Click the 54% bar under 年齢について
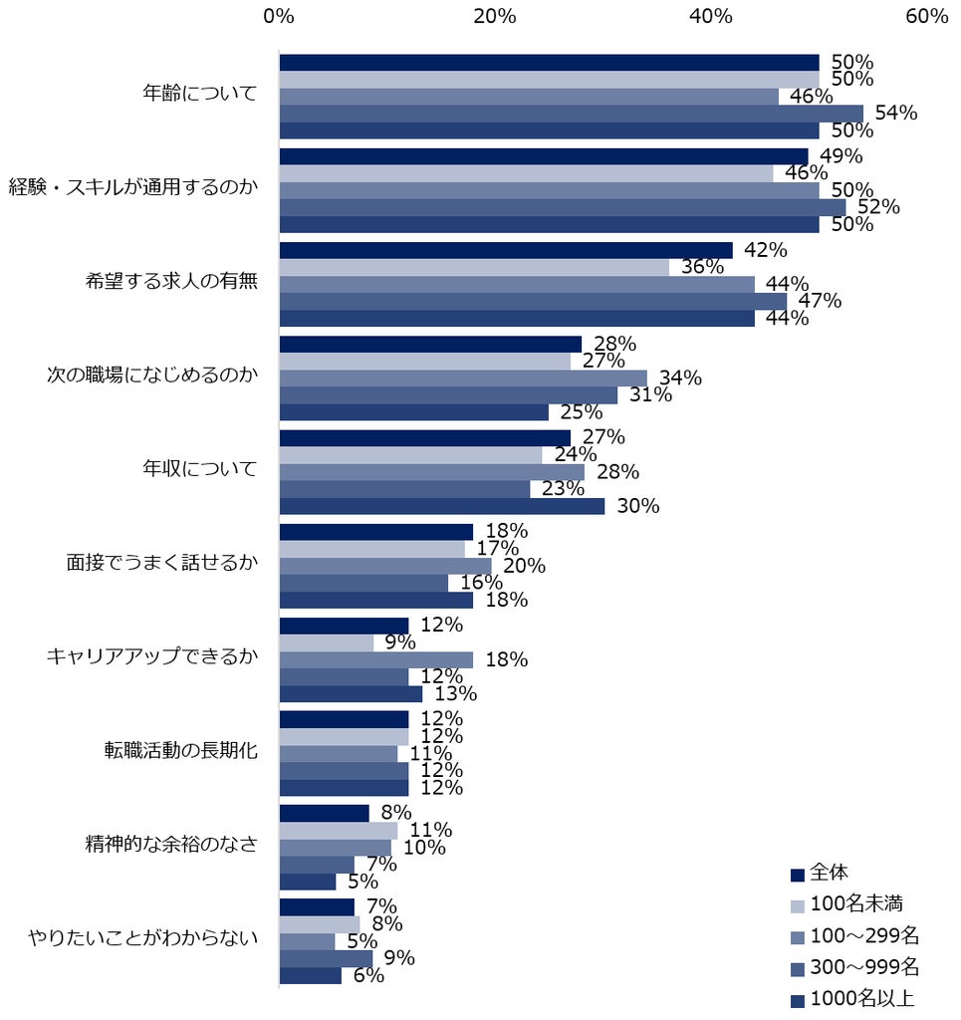tap(572, 114)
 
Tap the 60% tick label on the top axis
tap(926, 16)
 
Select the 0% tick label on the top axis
tap(279, 16)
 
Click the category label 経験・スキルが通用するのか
tap(133, 187)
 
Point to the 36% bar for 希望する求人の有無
tap(475, 267)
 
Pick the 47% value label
tap(820, 301)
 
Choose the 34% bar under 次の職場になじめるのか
tap(464, 378)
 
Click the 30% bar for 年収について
tap(442, 506)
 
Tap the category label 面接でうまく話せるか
tap(162, 562)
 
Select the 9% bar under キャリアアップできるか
tap(327, 642)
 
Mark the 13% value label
tap(456, 694)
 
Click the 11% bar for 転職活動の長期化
tap(339, 753)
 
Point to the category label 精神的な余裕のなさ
tap(171, 845)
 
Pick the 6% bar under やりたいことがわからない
tap(311, 976)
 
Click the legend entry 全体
tap(820, 873)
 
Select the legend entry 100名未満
tap(847, 904)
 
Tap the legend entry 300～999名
tap(855, 967)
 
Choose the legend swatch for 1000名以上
tap(798, 1001)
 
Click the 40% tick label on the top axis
tap(711, 16)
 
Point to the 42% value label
tap(766, 250)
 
